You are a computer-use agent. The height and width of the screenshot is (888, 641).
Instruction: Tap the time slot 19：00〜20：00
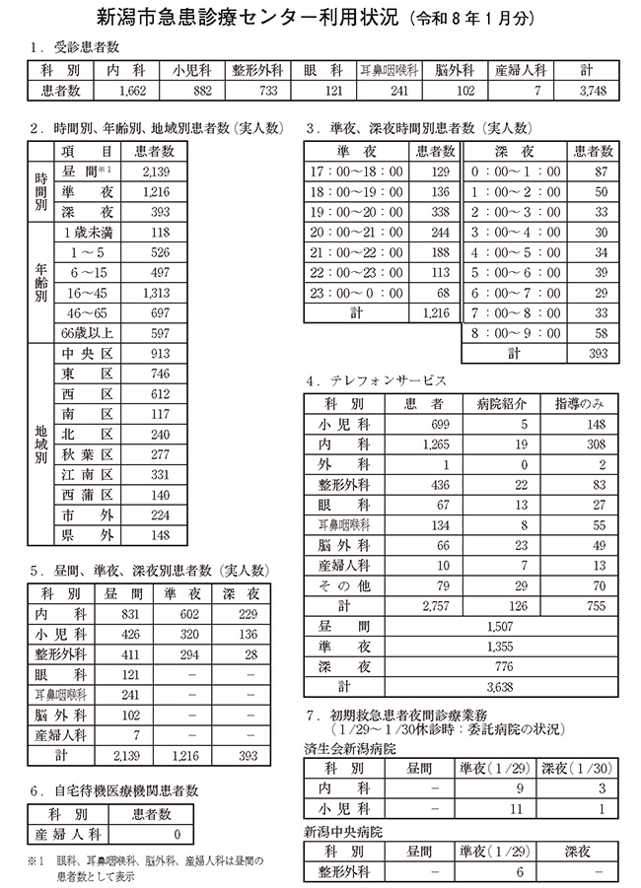click(356, 211)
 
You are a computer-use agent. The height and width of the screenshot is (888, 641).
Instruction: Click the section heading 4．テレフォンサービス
click(377, 379)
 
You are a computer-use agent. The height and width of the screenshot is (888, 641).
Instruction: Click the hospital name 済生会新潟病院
click(351, 749)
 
